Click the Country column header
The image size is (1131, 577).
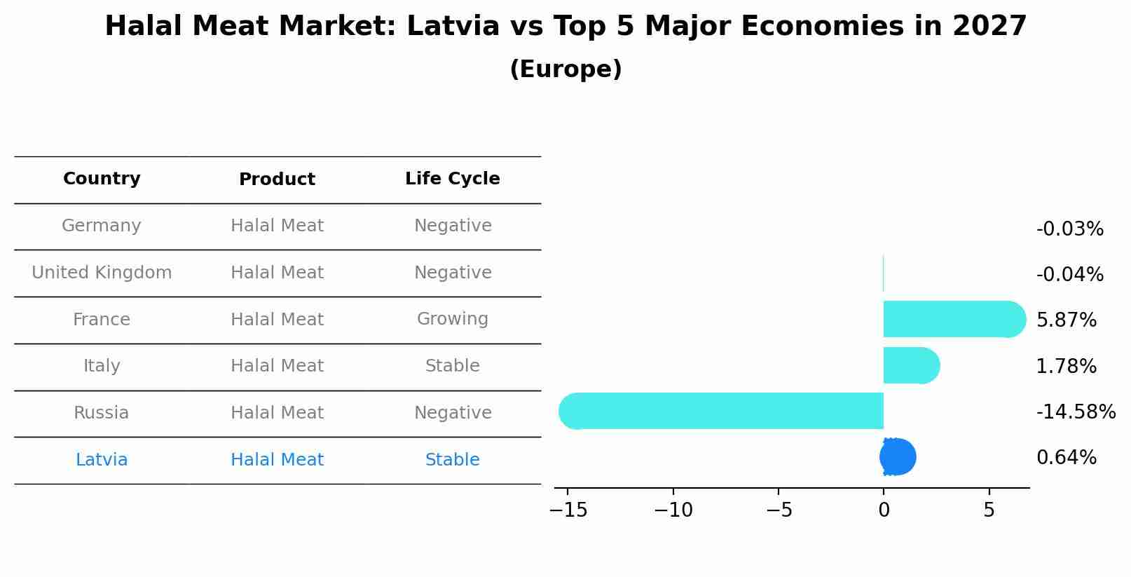click(102, 179)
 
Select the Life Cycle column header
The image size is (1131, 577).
click(452, 179)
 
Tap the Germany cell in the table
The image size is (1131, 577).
click(102, 226)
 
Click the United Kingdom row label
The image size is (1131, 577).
click(102, 273)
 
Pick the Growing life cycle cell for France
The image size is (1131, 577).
click(452, 319)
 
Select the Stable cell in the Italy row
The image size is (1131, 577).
click(452, 366)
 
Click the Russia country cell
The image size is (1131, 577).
click(102, 413)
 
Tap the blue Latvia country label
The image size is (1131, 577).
click(102, 460)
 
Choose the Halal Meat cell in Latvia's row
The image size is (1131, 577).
click(277, 460)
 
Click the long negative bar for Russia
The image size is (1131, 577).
click(722, 411)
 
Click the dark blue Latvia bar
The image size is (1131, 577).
click(898, 457)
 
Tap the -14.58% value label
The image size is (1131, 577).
click(1075, 412)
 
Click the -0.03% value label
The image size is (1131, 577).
click(1069, 229)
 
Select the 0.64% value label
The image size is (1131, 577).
click(1066, 458)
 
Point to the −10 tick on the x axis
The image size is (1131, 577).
click(673, 510)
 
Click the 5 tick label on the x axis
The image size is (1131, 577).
click(989, 510)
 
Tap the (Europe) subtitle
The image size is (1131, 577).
click(565, 69)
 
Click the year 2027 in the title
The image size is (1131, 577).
click(989, 27)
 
